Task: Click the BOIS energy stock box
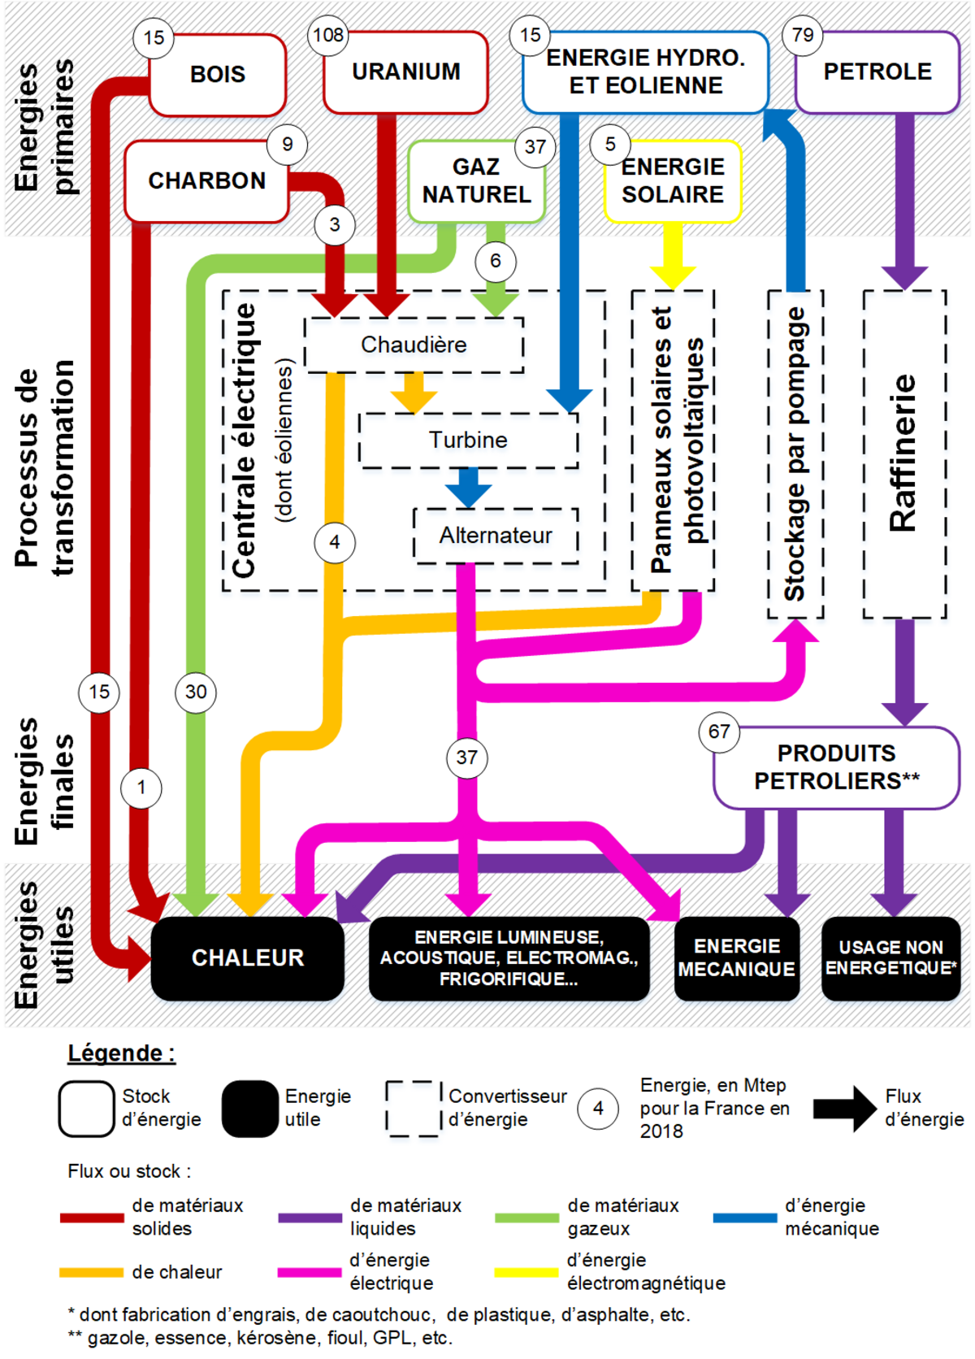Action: [218, 75]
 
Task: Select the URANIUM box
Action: [405, 72]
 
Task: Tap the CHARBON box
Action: [206, 180]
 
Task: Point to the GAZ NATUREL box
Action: [476, 181]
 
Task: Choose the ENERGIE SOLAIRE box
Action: [673, 181]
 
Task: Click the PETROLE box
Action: [877, 72]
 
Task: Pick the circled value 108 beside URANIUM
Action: [328, 36]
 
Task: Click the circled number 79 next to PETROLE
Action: [803, 36]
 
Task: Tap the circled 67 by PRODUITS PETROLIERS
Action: [719, 732]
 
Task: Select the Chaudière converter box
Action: [414, 345]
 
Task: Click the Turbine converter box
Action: [468, 441]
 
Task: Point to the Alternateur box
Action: [496, 536]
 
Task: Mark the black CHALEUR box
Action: [248, 958]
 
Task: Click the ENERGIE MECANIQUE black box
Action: [736, 958]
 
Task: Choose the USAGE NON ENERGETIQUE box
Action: [890, 958]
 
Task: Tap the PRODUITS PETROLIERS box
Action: [837, 767]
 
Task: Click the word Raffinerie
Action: [903, 454]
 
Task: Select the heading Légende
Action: [121, 1053]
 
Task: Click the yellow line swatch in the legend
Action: [526, 1272]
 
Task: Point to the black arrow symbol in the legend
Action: [845, 1108]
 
